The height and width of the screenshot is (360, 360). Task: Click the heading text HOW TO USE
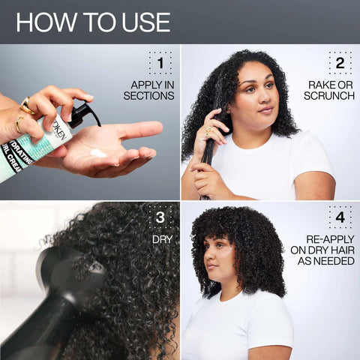pyautogui.click(x=92, y=21)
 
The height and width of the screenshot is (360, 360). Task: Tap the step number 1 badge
pyautogui.click(x=160, y=64)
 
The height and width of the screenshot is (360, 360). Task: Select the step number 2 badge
pyautogui.click(x=339, y=64)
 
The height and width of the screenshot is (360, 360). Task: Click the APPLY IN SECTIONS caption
pyautogui.click(x=152, y=90)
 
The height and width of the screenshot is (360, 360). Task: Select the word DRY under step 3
pyautogui.click(x=163, y=241)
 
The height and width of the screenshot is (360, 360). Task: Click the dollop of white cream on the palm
pyautogui.click(x=97, y=152)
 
